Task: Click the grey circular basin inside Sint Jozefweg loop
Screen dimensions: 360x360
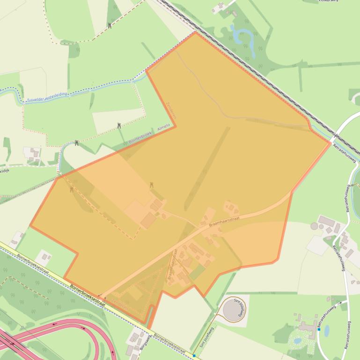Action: click(232, 310)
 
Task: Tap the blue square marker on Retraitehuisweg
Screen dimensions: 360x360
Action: click(319, 329)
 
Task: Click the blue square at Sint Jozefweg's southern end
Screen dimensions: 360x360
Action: click(194, 356)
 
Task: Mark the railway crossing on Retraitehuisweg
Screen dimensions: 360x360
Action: click(335, 137)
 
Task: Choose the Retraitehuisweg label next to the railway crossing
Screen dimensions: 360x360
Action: click(345, 152)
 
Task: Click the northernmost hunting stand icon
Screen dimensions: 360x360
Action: click(110, 26)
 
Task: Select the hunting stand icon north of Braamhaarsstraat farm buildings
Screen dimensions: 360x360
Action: click(152, 186)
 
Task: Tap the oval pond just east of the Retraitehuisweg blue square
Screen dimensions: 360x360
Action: click(327, 331)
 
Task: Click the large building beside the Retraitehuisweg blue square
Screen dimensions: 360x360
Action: click(307, 324)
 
